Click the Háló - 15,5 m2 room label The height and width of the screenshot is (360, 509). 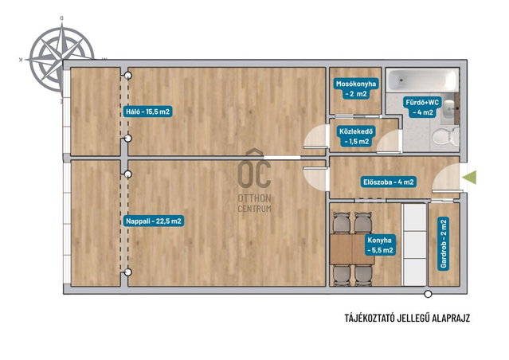(x=147, y=112)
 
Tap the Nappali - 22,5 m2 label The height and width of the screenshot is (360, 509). (x=154, y=221)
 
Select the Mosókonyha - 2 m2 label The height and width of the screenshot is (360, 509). (x=356, y=89)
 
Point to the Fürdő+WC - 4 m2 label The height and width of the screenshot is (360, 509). (x=422, y=108)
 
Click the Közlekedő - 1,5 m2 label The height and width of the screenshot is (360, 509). (x=356, y=136)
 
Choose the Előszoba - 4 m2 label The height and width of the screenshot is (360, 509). (x=389, y=182)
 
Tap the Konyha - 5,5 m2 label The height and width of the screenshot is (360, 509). (x=379, y=245)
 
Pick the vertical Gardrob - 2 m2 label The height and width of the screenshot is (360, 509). (x=444, y=244)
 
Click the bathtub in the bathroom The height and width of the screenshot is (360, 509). (x=422, y=80)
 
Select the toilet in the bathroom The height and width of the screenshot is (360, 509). (x=445, y=136)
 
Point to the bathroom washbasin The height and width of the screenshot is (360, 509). (x=449, y=108)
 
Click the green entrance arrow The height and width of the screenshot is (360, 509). (x=469, y=178)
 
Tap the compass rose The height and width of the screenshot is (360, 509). (x=61, y=59)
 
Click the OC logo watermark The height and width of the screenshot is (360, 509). (x=254, y=169)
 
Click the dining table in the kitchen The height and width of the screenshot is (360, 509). (x=351, y=249)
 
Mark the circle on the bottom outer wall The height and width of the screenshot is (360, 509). (x=429, y=294)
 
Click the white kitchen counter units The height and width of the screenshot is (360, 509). (x=414, y=245)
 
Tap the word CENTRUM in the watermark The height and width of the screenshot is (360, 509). (x=255, y=209)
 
